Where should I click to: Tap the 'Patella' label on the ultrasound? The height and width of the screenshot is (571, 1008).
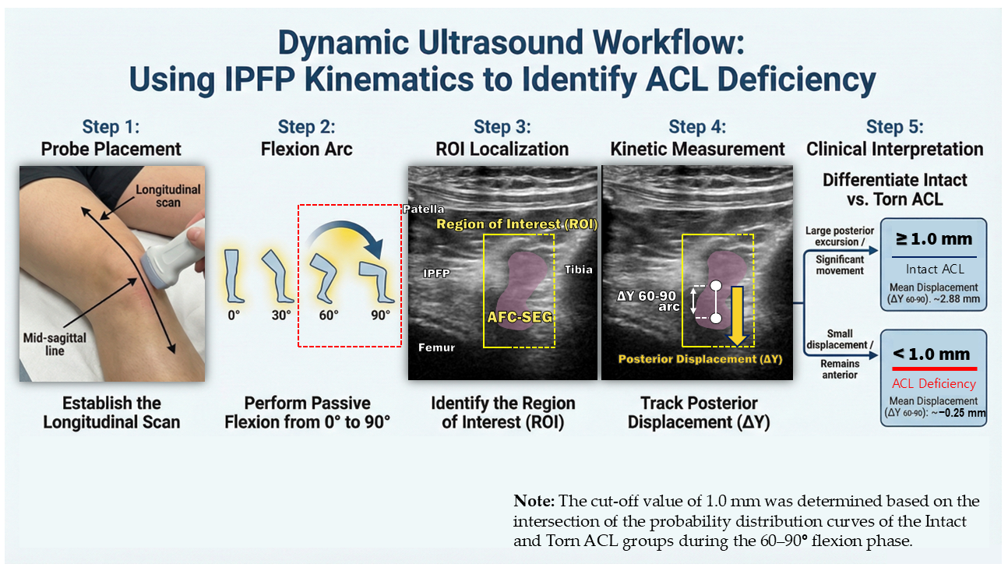point(424,209)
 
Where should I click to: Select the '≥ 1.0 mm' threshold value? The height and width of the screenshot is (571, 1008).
point(934,239)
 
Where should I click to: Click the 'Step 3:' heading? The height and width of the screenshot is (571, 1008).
point(502,127)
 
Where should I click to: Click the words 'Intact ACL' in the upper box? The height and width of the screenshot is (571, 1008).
point(934,270)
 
